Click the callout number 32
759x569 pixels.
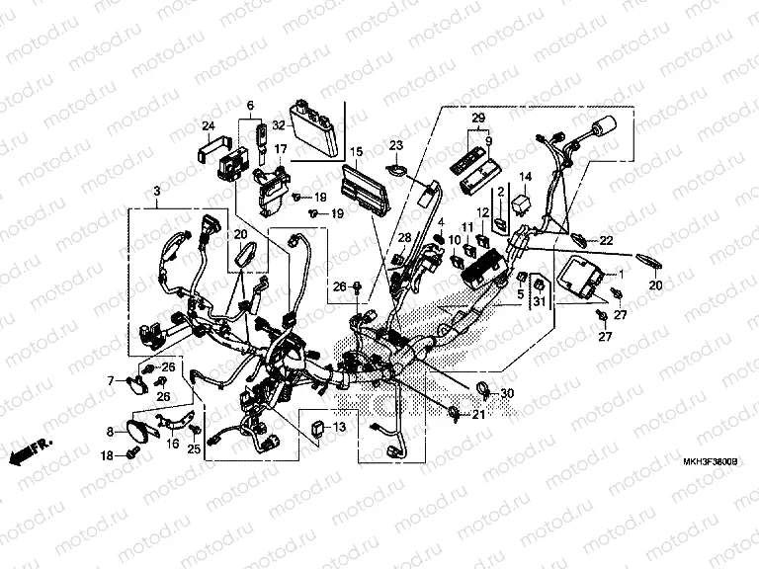278,125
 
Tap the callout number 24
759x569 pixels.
208,125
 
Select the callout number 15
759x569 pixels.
357,151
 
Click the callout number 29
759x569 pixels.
478,119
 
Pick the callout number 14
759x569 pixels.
525,177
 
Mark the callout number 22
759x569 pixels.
606,241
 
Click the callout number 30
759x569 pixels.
508,394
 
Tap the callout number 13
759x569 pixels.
339,427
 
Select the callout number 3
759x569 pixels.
156,190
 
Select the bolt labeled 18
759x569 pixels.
131,454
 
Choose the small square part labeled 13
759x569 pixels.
316,427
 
